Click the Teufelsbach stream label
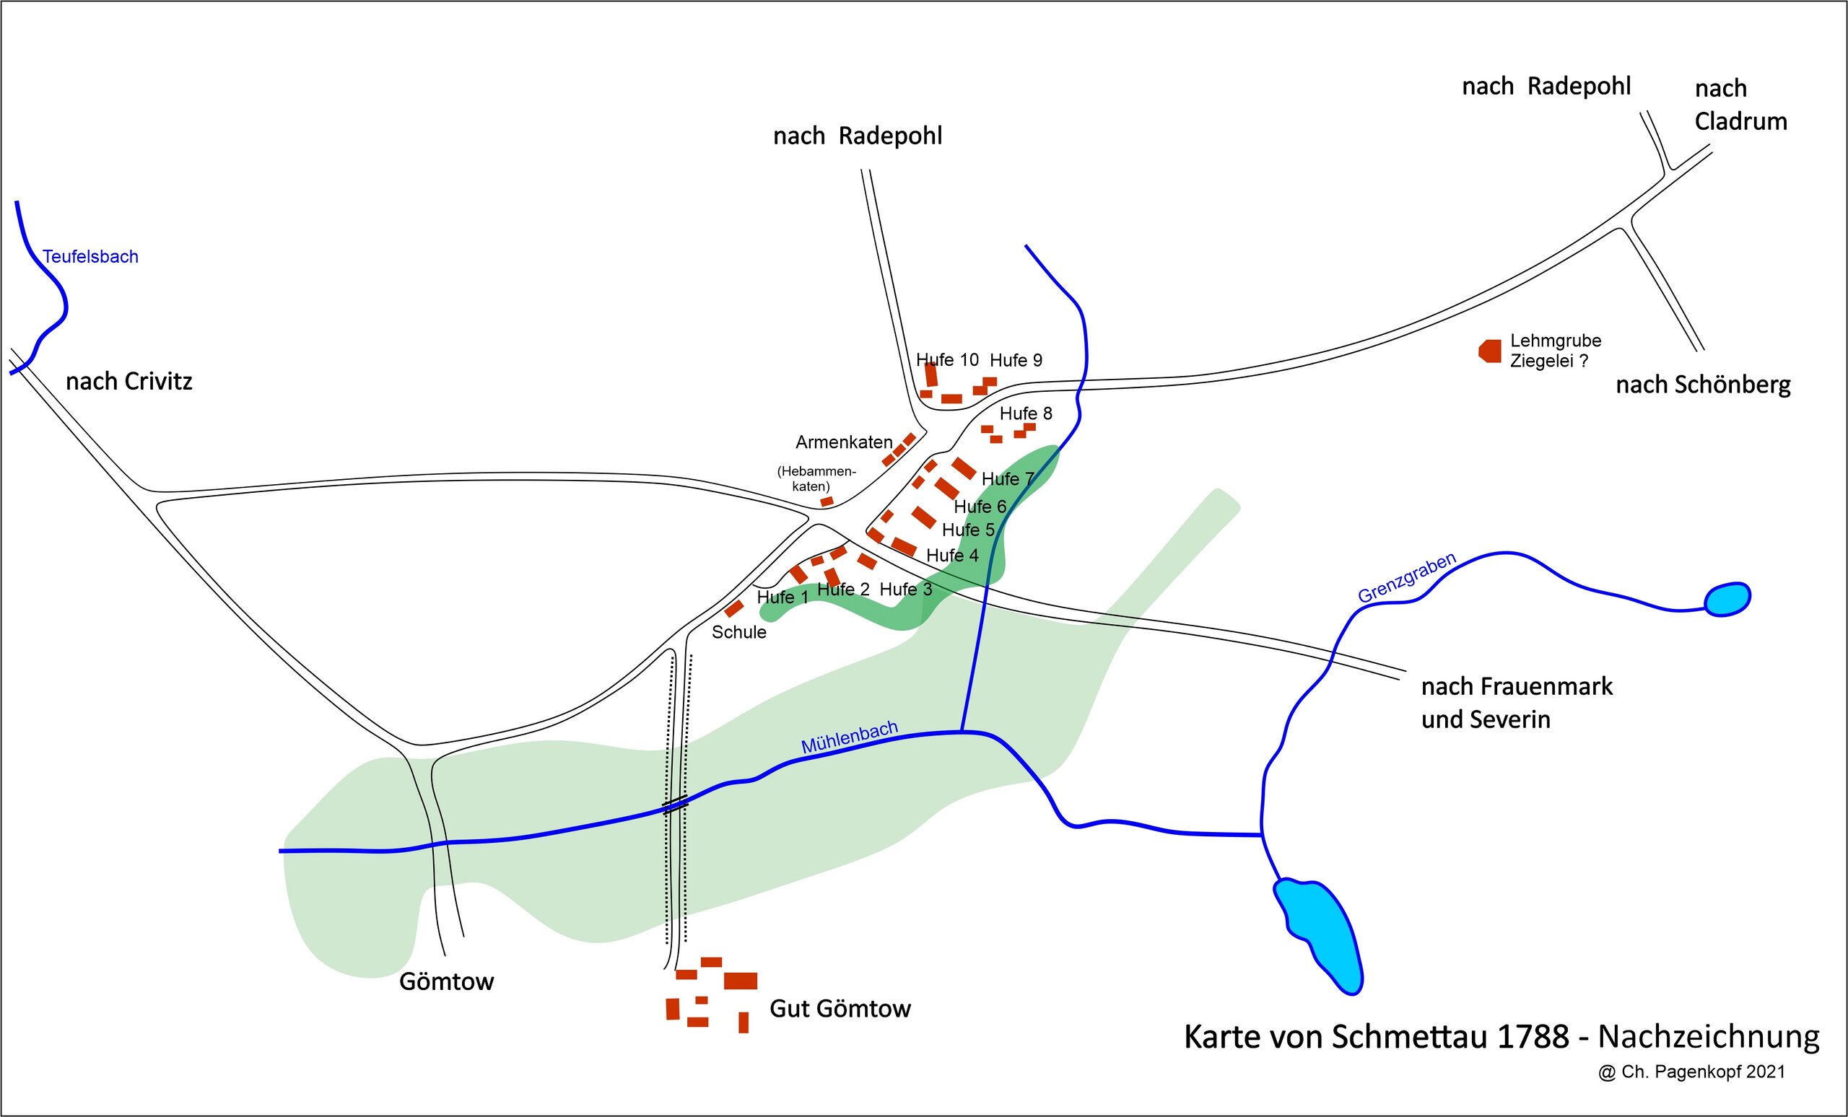tap(90, 256)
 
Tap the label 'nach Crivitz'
tap(129, 382)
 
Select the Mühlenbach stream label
tap(849, 737)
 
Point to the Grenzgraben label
tap(1407, 577)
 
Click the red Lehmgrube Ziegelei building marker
tap(1490, 350)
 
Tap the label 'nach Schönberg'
tap(1702, 385)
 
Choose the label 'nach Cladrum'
tap(1740, 105)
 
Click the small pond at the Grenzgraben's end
tap(1727, 600)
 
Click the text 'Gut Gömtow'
tap(840, 1009)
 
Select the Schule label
tap(738, 632)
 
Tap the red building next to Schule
tap(733, 608)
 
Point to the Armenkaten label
tap(844, 442)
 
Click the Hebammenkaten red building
tap(827, 501)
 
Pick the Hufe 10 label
tap(947, 360)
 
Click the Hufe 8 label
tap(1025, 413)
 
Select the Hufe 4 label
tap(951, 556)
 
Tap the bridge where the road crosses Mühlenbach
tap(675, 806)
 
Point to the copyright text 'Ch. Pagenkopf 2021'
tap(1702, 1072)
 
